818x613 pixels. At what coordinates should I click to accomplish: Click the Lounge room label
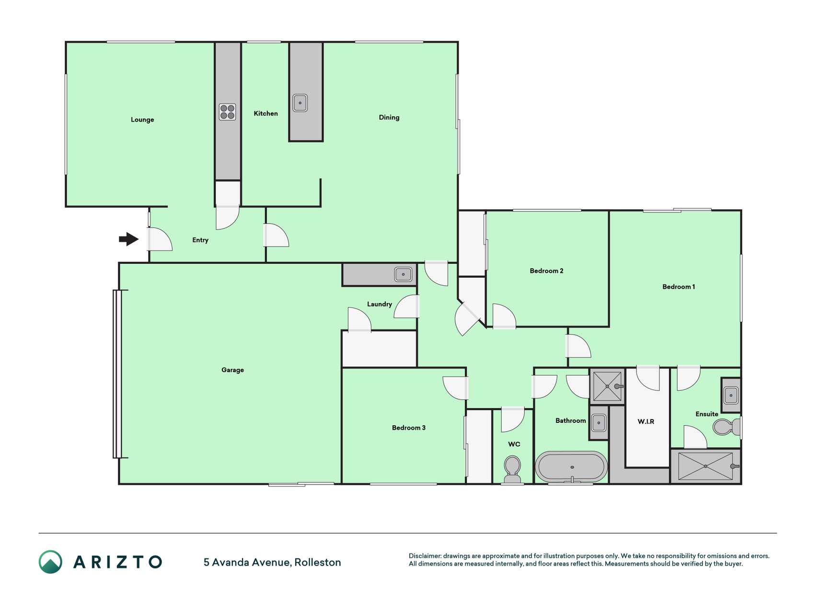[x=142, y=120]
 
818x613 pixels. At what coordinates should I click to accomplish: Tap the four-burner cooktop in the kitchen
[x=228, y=112]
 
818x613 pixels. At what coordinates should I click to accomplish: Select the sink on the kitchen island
[x=300, y=103]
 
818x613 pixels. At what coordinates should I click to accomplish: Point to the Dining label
[x=389, y=117]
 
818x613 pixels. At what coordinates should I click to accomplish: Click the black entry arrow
[x=129, y=238]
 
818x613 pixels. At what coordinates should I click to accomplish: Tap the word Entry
[x=200, y=240]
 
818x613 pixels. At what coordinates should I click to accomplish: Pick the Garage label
[x=232, y=370]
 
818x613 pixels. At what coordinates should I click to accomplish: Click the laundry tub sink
[x=403, y=274]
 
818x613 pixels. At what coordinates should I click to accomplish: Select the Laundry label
[x=380, y=304]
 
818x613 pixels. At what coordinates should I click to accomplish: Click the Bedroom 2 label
[x=546, y=271]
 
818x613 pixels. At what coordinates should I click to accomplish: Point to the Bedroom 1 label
[x=679, y=286]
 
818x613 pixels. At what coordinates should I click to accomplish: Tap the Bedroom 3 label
[x=409, y=428]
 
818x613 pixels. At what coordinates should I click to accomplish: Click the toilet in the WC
[x=512, y=469]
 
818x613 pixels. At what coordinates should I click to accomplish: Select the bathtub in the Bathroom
[x=571, y=467]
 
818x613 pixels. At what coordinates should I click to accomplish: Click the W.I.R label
[x=646, y=421]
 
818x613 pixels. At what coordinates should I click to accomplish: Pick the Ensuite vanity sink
[x=731, y=396]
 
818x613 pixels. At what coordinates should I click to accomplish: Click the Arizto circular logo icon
[x=50, y=562]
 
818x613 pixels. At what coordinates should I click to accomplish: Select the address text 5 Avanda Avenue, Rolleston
[x=272, y=562]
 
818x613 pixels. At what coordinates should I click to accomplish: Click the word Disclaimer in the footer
[x=425, y=556]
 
